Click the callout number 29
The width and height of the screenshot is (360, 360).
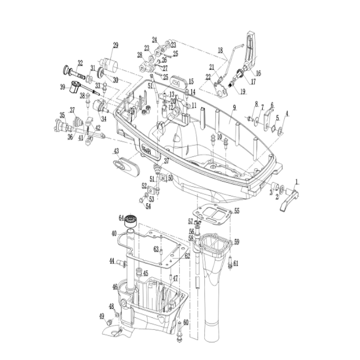[116, 45]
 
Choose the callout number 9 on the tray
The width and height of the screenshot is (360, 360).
[234, 108]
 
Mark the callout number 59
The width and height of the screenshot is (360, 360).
[237, 242]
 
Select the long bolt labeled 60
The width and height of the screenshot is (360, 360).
[180, 331]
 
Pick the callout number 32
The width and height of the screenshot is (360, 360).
[80, 62]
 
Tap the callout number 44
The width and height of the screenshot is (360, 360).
[112, 261]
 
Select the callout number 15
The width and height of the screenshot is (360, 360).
[191, 81]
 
